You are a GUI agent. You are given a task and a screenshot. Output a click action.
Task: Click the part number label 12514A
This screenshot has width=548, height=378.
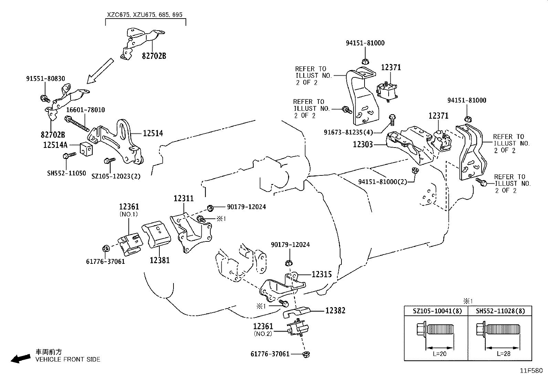click(x=55, y=145)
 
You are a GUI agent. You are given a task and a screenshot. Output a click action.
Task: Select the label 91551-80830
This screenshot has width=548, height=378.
click(x=45, y=79)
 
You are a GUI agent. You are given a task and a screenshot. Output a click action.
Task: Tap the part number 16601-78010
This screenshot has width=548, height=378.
click(x=85, y=110)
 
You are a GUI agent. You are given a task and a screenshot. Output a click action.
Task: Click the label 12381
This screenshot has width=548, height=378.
click(x=160, y=260)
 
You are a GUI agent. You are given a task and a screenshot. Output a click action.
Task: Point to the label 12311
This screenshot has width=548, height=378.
click(x=183, y=198)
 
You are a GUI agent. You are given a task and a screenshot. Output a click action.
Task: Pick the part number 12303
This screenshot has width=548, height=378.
click(x=363, y=144)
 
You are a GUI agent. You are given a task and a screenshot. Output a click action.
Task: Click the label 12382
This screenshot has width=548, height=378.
click(x=336, y=311)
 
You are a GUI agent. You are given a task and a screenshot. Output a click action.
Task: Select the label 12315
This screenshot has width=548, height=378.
click(x=322, y=274)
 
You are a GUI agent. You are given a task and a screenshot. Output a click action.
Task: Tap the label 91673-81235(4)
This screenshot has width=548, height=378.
click(x=348, y=132)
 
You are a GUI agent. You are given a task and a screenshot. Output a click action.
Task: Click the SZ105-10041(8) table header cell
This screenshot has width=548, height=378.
click(x=435, y=311)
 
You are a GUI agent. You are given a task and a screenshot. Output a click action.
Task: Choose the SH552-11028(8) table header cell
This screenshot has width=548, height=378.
click(x=500, y=311)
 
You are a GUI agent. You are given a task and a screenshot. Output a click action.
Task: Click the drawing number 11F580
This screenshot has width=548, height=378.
click(x=531, y=371)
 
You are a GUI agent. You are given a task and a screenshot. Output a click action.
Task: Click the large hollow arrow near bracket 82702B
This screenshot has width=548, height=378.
click(x=100, y=71)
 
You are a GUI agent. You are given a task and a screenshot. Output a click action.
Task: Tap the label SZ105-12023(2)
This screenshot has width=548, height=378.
click(x=116, y=176)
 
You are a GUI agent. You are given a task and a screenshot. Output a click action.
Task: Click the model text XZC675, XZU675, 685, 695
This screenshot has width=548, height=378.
click(x=145, y=15)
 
